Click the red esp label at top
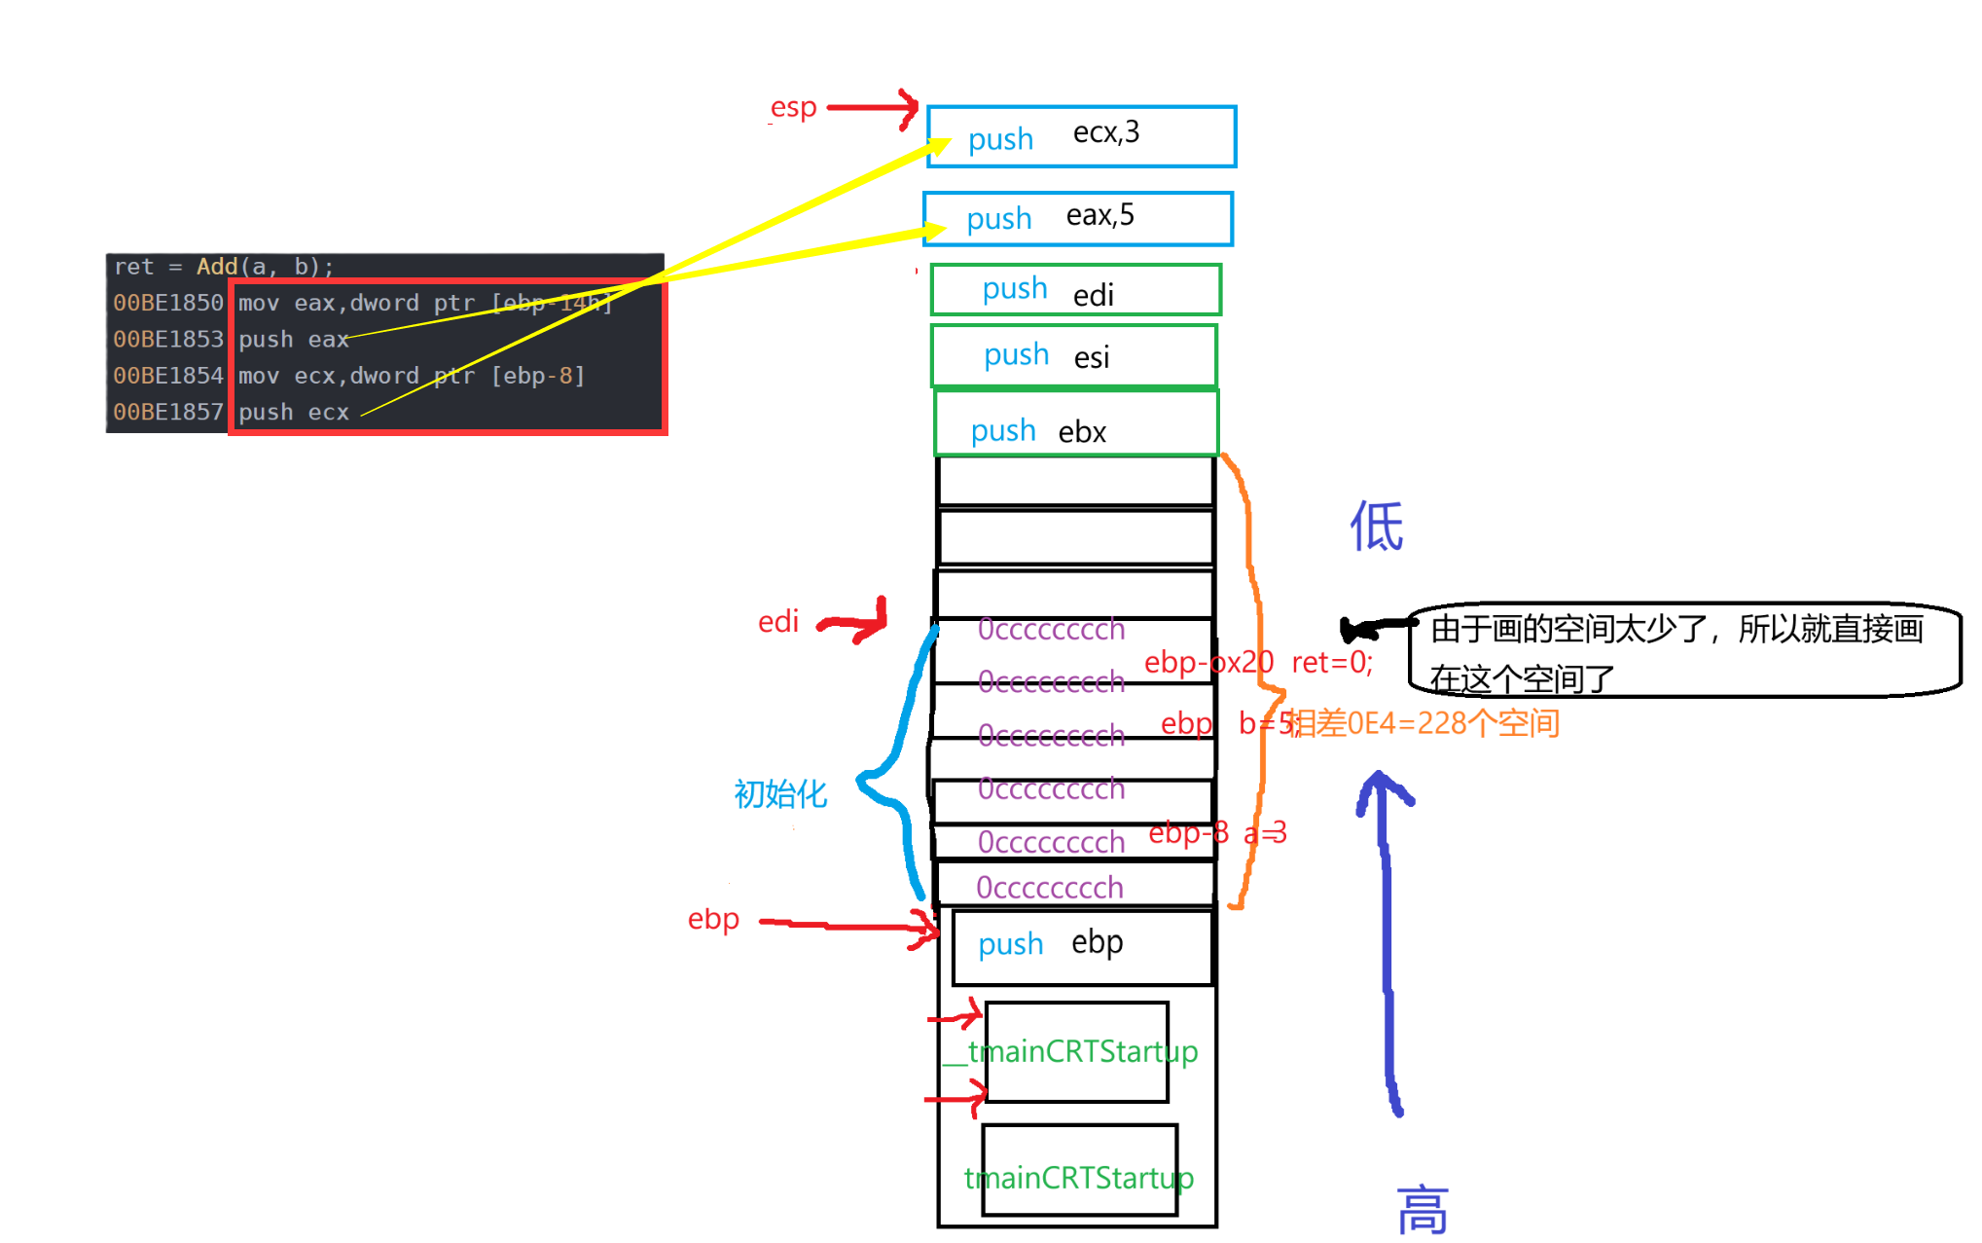point(793,107)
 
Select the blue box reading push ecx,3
point(1081,136)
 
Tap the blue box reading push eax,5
point(1078,218)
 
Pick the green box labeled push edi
point(1075,290)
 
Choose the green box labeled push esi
point(1074,355)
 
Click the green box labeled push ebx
point(1076,424)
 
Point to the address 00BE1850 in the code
point(168,303)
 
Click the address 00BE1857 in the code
point(168,412)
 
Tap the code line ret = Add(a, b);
point(224,267)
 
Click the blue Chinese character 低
point(1376,527)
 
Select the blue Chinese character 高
point(1423,1210)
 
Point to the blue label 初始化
point(780,794)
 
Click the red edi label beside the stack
point(778,621)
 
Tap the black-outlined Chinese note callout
point(1683,650)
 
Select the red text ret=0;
point(1332,663)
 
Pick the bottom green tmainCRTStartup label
point(1079,1178)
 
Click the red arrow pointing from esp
point(872,107)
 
